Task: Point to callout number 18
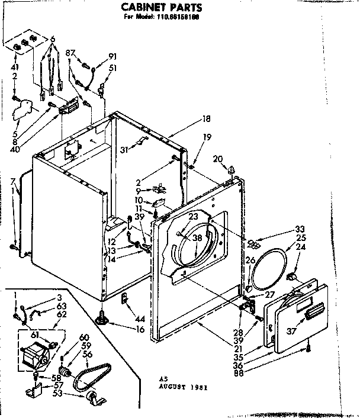pos(206,118)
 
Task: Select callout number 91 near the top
pos(112,57)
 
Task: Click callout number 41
pos(14,67)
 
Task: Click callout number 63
pos(62,306)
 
